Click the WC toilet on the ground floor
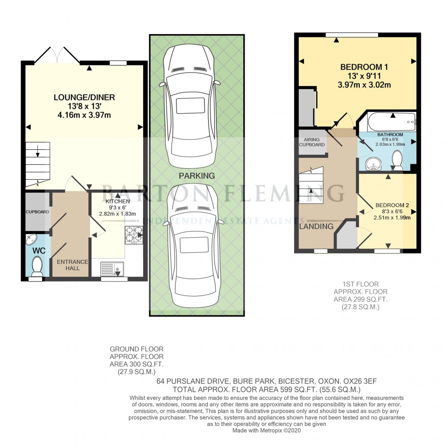[36, 267]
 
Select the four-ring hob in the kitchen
[134, 235]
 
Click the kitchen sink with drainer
[112, 269]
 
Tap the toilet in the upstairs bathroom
[397, 160]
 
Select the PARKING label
[197, 176]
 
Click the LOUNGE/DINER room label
[84, 97]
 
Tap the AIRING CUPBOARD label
[312, 142]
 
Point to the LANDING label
[316, 226]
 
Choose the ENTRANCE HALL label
[72, 265]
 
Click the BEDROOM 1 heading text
[364, 67]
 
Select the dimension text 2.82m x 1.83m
[117, 213]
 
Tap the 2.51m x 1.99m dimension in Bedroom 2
[392, 217]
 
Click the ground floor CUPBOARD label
[37, 212]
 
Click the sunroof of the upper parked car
[190, 106]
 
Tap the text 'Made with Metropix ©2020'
[266, 430]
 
